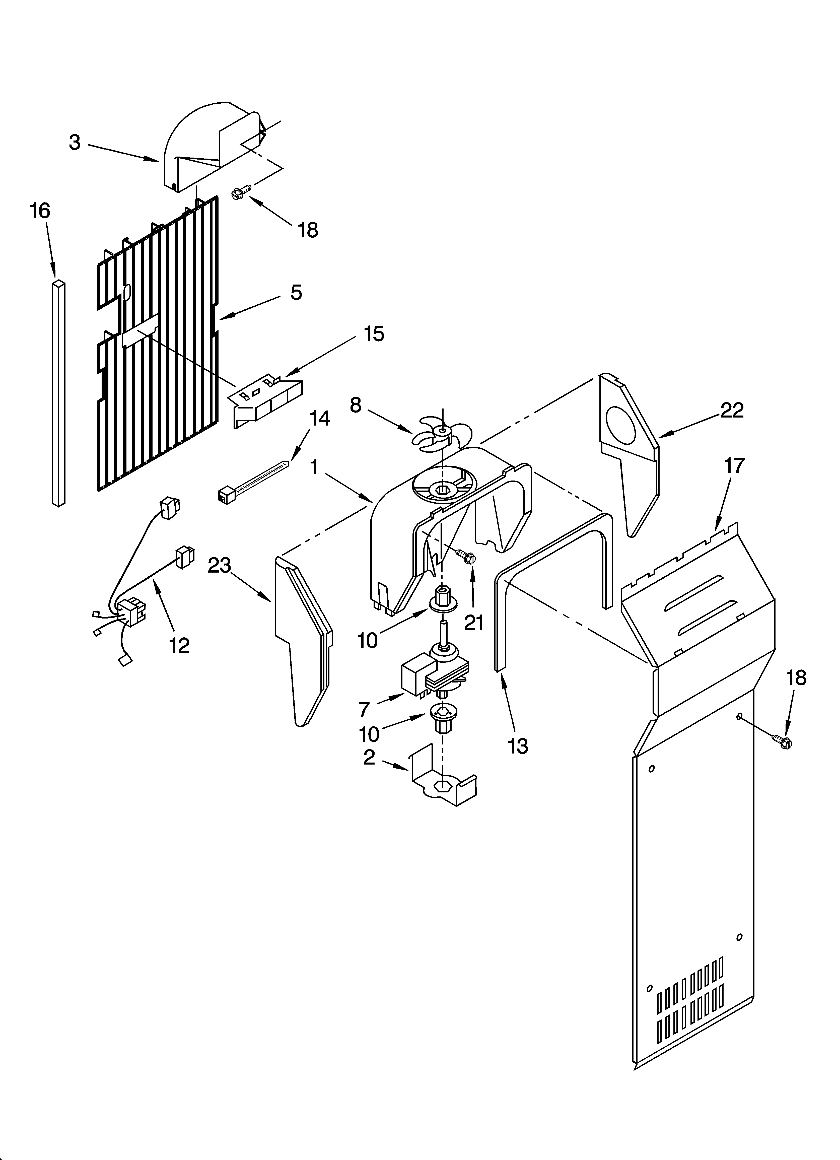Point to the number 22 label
click(732, 410)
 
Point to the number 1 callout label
click(314, 466)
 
